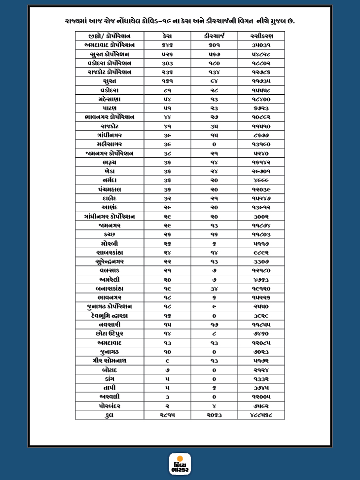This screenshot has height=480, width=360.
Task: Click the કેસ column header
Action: click(168, 36)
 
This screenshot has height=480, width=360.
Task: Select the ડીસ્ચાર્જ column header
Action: click(214, 36)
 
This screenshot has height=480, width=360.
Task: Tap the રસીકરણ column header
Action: click(260, 36)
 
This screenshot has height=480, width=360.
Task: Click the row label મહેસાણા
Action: click(109, 99)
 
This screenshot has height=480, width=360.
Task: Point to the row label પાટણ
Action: click(109, 108)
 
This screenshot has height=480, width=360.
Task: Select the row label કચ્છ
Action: click(109, 234)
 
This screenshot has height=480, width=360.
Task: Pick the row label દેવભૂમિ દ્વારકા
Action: click(109, 315)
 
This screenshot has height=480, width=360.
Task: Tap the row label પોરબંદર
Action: click(109, 406)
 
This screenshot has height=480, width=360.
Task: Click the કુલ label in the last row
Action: click(109, 415)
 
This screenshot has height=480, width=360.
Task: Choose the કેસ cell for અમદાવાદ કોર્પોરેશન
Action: click(168, 45)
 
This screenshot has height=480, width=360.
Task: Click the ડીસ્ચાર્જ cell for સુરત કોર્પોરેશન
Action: click(214, 54)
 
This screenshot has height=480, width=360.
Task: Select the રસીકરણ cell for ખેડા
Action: click(260, 171)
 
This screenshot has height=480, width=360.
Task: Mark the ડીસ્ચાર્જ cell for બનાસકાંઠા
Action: click(214, 289)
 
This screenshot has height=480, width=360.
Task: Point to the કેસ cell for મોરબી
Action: click(168, 243)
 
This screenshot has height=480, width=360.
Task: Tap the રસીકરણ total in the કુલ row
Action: click(260, 415)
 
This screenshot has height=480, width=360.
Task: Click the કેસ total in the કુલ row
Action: click(168, 415)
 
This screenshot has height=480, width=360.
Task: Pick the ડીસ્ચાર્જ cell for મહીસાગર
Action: click(214, 144)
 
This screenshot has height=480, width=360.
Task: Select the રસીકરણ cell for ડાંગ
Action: click(260, 378)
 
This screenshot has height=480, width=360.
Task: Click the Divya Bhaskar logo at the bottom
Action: click(180, 464)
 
